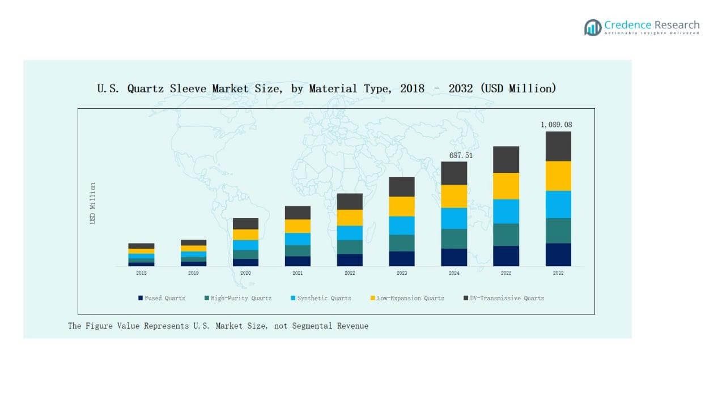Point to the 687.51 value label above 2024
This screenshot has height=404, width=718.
tap(454, 155)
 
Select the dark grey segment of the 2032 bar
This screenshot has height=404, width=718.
tap(558, 146)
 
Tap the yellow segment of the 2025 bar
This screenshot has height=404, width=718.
tap(506, 186)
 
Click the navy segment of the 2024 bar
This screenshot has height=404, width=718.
tap(454, 257)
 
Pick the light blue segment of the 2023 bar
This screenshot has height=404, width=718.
tap(402, 226)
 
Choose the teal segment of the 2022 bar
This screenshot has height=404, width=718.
tap(350, 247)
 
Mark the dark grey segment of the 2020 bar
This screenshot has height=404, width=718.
tap(245, 224)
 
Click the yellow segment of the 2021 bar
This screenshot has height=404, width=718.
tap(298, 226)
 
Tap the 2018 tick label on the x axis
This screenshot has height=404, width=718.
tap(141, 273)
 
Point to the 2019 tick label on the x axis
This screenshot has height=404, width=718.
tap(193, 273)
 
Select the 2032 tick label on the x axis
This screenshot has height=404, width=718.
tap(558, 273)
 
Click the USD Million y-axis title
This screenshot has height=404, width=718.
tap(93, 203)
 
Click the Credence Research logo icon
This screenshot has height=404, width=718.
tap(593, 27)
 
